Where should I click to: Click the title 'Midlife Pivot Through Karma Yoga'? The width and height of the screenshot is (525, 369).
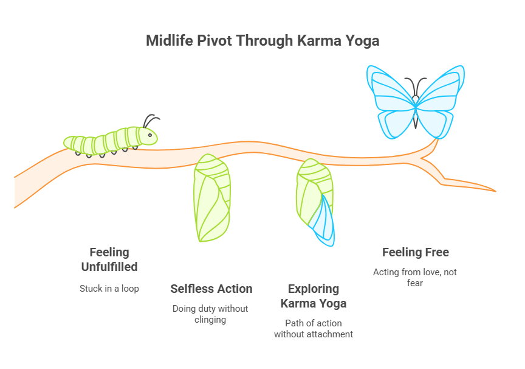click(x=262, y=41)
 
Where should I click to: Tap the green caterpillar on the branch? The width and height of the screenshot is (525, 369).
click(x=109, y=141)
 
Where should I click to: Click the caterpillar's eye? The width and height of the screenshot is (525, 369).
click(x=149, y=135)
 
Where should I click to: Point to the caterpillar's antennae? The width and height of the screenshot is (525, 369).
click(x=151, y=120)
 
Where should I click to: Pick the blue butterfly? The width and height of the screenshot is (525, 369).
click(x=416, y=101)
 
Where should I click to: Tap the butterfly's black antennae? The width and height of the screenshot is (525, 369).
click(x=416, y=85)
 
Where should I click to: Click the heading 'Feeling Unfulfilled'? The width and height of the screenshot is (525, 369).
click(x=109, y=259)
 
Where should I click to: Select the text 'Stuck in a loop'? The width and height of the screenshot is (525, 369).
click(x=109, y=288)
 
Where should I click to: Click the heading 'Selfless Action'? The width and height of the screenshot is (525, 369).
click(x=211, y=289)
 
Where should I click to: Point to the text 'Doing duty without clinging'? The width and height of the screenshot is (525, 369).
click(x=211, y=314)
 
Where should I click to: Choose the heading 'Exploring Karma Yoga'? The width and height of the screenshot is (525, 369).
click(x=314, y=296)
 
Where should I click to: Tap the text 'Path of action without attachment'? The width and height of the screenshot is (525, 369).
click(x=314, y=328)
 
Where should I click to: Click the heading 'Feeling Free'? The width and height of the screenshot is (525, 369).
click(x=415, y=252)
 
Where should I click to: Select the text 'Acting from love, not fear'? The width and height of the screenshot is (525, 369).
click(x=415, y=278)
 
